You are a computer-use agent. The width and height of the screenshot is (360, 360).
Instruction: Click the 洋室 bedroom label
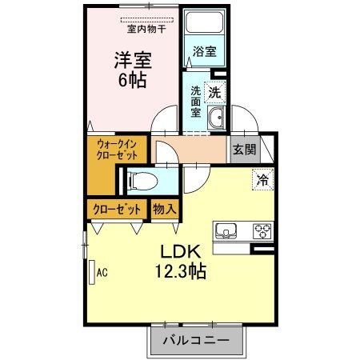(133, 60)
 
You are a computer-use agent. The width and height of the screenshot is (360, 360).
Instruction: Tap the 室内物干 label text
(146, 30)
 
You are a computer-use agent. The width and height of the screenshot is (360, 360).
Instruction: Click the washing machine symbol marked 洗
(215, 92)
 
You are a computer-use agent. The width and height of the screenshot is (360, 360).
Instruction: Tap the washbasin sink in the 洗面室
(215, 121)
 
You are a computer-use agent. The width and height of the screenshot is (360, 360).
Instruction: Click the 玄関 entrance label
(244, 149)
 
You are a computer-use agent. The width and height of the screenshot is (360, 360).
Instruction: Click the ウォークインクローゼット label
(118, 149)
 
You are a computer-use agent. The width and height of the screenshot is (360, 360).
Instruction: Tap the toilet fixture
(141, 180)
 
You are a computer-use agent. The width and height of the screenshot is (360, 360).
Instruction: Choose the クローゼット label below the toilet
(118, 209)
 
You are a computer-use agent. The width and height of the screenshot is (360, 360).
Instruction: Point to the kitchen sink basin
(226, 231)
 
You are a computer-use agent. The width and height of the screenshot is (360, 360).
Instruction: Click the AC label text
(102, 272)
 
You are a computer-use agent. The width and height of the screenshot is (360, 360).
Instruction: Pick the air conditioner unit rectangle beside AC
(92, 272)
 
